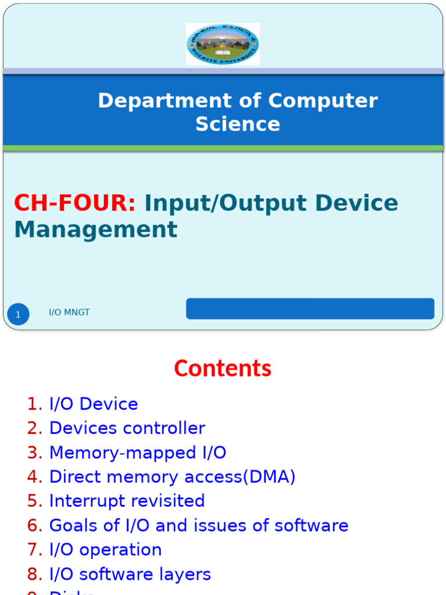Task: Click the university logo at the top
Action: (x=223, y=44)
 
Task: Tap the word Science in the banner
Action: (x=238, y=124)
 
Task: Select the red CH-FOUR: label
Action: (x=75, y=203)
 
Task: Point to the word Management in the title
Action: (x=96, y=230)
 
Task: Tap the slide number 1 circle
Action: (x=18, y=315)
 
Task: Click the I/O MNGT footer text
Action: (x=69, y=313)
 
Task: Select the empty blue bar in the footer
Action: (x=310, y=309)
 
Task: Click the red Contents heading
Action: (x=222, y=368)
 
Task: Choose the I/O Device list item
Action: (x=93, y=404)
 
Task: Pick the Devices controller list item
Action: (x=127, y=428)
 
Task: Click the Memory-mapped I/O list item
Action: (x=138, y=453)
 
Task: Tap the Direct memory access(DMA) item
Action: (x=172, y=477)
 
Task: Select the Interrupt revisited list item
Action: (x=127, y=501)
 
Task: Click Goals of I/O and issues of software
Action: (x=199, y=525)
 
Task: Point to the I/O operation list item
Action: (x=105, y=550)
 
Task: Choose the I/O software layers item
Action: (x=130, y=574)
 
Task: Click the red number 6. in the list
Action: (x=35, y=525)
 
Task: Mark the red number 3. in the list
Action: (x=35, y=453)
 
